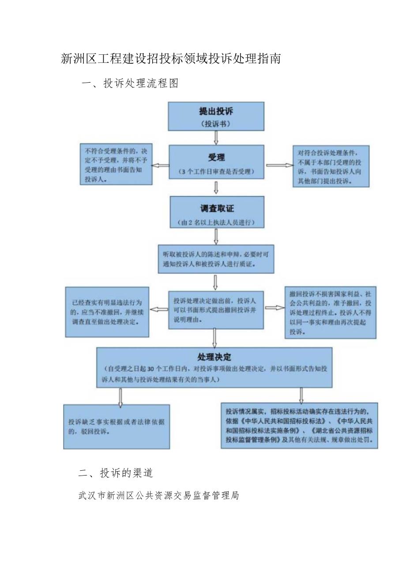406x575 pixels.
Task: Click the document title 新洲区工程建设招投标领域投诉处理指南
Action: pyautogui.click(x=170, y=59)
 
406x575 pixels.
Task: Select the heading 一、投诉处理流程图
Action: pyautogui.click(x=130, y=83)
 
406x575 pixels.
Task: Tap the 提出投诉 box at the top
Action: pyautogui.click(x=216, y=117)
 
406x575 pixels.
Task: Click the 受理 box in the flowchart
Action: pyautogui.click(x=216, y=162)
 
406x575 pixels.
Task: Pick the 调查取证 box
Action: pyautogui.click(x=217, y=212)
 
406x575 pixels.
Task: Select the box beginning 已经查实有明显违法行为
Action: pyautogui.click(x=107, y=312)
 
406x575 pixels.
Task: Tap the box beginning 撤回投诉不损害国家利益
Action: pyautogui.click(x=330, y=312)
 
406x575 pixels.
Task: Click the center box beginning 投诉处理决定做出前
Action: pyautogui.click(x=216, y=309)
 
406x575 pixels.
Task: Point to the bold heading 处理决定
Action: pyautogui.click(x=214, y=357)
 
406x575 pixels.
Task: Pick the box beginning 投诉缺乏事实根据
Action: pyautogui.click(x=117, y=426)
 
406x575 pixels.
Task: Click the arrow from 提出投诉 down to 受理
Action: pyautogui.click(x=216, y=138)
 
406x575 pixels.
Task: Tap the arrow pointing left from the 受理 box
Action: pyautogui.click(x=161, y=165)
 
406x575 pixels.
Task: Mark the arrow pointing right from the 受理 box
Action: pyautogui.click(x=279, y=165)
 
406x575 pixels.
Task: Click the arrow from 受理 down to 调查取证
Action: pyautogui.click(x=216, y=187)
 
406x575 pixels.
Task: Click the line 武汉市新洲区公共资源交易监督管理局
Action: pyautogui.click(x=158, y=495)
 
